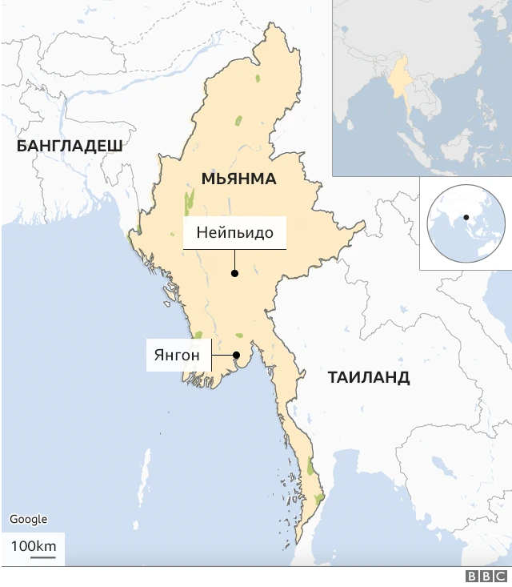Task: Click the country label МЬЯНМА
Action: pyautogui.click(x=239, y=179)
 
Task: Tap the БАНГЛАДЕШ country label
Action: pyautogui.click(x=69, y=146)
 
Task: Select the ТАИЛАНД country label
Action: pyautogui.click(x=369, y=377)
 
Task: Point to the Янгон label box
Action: pyautogui.click(x=178, y=355)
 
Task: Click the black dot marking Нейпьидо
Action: pyautogui.click(x=234, y=273)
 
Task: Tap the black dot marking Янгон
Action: pyautogui.click(x=236, y=356)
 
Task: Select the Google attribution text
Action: pyautogui.click(x=28, y=520)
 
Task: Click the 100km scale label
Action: pyautogui.click(x=33, y=546)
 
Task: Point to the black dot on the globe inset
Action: pyautogui.click(x=466, y=217)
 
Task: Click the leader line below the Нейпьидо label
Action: pyautogui.click(x=234, y=260)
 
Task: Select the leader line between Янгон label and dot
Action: pyautogui.click(x=222, y=356)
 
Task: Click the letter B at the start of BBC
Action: pyautogui.click(x=472, y=577)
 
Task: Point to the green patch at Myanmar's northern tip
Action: pyautogui.click(x=258, y=78)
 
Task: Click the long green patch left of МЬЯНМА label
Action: pyautogui.click(x=190, y=204)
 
